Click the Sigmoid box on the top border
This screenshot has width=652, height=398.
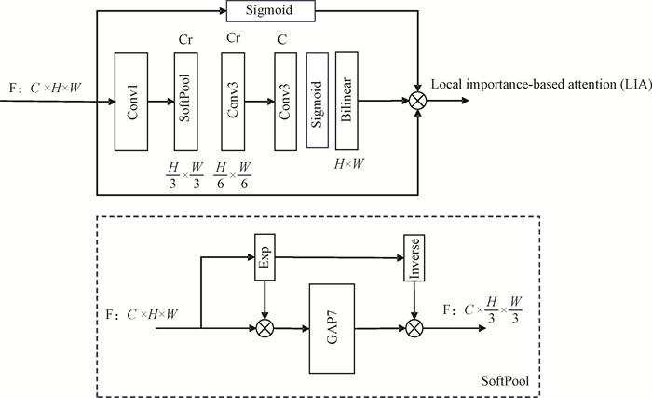pos(272,11)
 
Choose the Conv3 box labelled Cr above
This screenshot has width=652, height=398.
pos(235,100)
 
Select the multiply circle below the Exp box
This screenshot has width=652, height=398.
pos(267,327)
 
